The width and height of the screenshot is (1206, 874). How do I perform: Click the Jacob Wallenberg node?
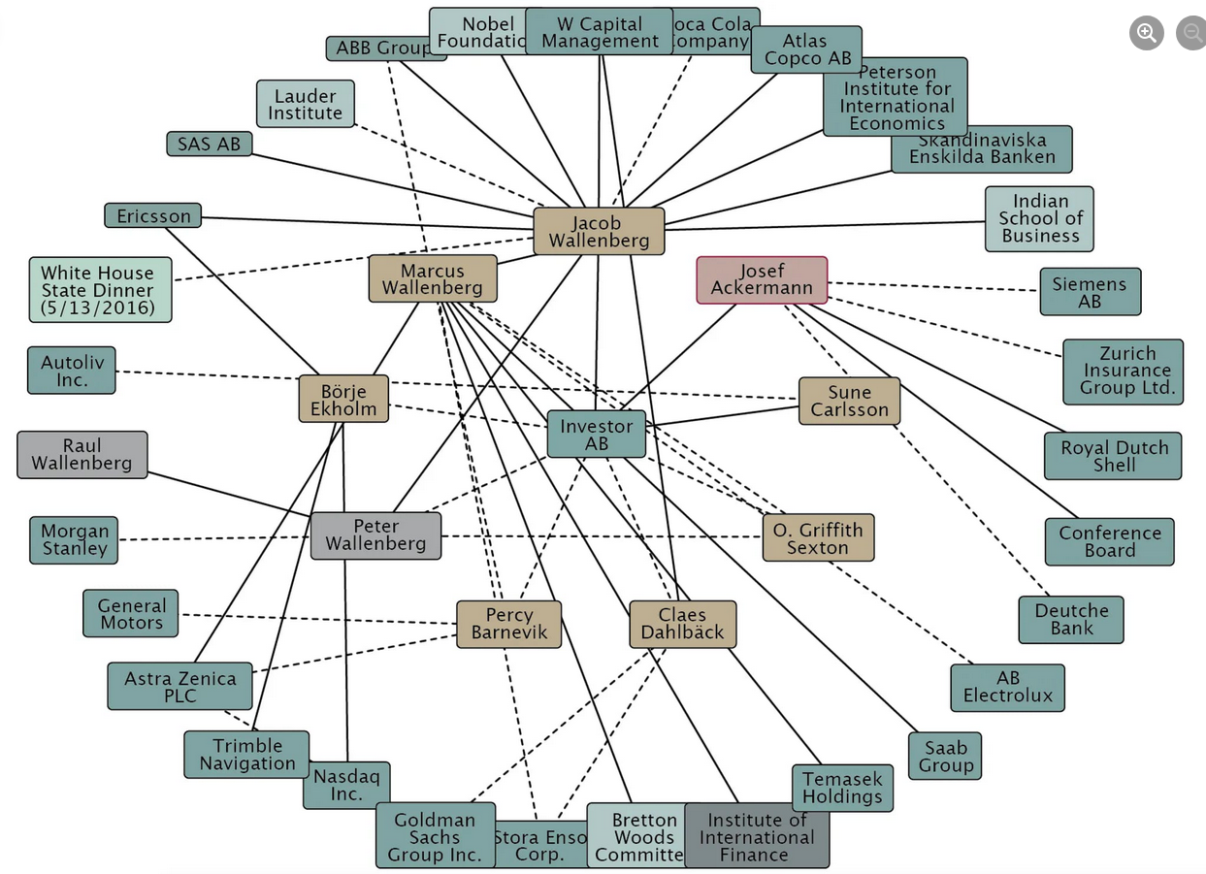(x=599, y=232)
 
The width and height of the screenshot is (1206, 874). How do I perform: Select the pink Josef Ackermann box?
(x=762, y=280)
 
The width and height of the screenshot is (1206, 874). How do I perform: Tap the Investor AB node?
(x=596, y=434)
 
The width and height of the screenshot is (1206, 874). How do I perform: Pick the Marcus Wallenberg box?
(x=433, y=279)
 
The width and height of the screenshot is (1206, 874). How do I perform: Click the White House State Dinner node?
(x=99, y=290)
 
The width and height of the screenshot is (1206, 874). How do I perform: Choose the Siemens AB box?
(x=1090, y=292)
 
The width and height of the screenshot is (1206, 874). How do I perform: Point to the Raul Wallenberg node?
(x=82, y=455)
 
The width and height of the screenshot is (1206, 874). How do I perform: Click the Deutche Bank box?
(x=1071, y=620)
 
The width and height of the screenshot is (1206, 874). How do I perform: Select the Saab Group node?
(x=945, y=757)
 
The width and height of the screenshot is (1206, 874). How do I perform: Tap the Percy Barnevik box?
(x=509, y=624)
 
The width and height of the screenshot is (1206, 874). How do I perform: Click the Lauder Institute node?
(x=306, y=104)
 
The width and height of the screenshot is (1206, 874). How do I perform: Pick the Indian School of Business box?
(x=1039, y=219)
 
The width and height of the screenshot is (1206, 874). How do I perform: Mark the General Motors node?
(x=131, y=613)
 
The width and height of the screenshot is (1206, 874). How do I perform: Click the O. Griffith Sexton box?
(x=818, y=538)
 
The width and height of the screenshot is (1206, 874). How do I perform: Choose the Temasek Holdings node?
(x=842, y=788)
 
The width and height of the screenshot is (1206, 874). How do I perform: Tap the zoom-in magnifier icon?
(x=1146, y=33)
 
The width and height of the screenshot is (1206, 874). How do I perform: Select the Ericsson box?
(x=153, y=215)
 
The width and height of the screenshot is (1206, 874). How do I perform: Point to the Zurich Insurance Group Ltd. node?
(x=1123, y=371)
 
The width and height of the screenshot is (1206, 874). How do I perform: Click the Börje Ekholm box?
(x=343, y=400)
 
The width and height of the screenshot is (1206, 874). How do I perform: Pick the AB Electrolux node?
(x=1007, y=688)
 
